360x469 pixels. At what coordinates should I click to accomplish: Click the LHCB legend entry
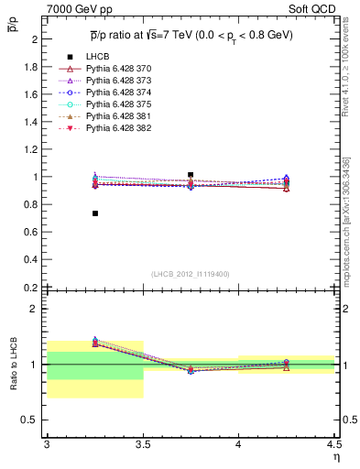(x=95, y=57)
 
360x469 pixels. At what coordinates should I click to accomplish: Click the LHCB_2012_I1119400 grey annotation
(x=190, y=274)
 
